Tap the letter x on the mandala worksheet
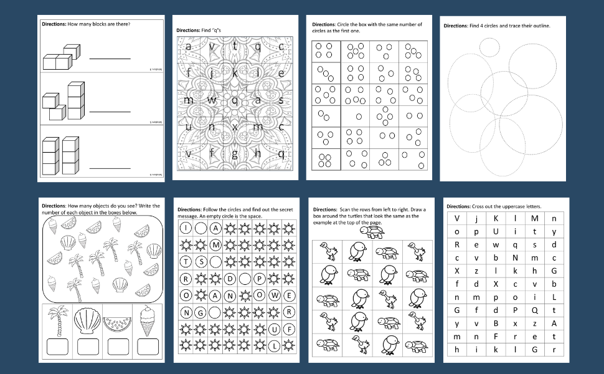coord(235,127)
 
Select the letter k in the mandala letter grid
coord(235,73)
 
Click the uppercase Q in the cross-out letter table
coord(534,309)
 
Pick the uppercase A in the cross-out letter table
coord(554,323)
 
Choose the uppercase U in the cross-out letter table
coord(496,231)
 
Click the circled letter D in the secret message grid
coord(230,279)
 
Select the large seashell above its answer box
coord(87,322)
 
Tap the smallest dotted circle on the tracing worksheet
coord(489,47)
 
